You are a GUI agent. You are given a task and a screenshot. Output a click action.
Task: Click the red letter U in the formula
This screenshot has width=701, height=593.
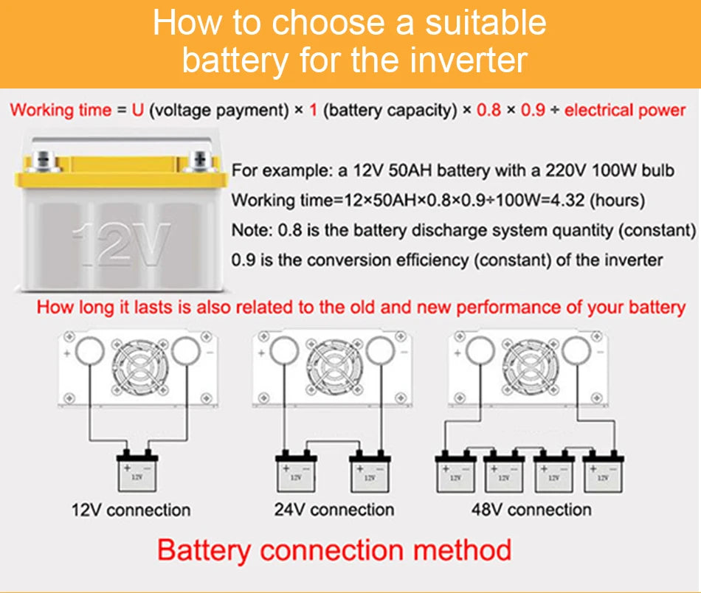[138, 111]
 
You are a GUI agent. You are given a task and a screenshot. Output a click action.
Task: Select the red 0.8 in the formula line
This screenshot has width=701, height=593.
[488, 111]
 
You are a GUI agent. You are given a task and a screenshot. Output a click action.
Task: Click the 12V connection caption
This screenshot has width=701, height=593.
[131, 510]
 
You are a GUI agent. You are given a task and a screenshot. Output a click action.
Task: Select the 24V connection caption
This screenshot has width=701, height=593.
[334, 510]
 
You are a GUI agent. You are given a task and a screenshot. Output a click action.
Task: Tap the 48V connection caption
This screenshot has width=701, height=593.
[531, 510]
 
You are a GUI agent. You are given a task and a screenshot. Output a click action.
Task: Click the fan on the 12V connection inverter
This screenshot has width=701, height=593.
[139, 367]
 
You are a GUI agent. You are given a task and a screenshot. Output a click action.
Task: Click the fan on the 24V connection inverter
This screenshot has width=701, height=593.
[334, 367]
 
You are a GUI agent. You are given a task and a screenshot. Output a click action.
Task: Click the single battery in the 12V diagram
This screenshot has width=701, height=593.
[137, 473]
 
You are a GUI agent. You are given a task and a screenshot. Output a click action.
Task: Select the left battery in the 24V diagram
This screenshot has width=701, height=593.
[296, 473]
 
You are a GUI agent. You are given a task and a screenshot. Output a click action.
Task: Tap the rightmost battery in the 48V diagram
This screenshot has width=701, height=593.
[603, 473]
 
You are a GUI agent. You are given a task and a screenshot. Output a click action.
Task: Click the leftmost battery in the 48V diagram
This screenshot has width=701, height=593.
[456, 473]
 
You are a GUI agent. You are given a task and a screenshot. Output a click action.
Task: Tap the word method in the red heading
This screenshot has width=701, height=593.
[462, 550]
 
